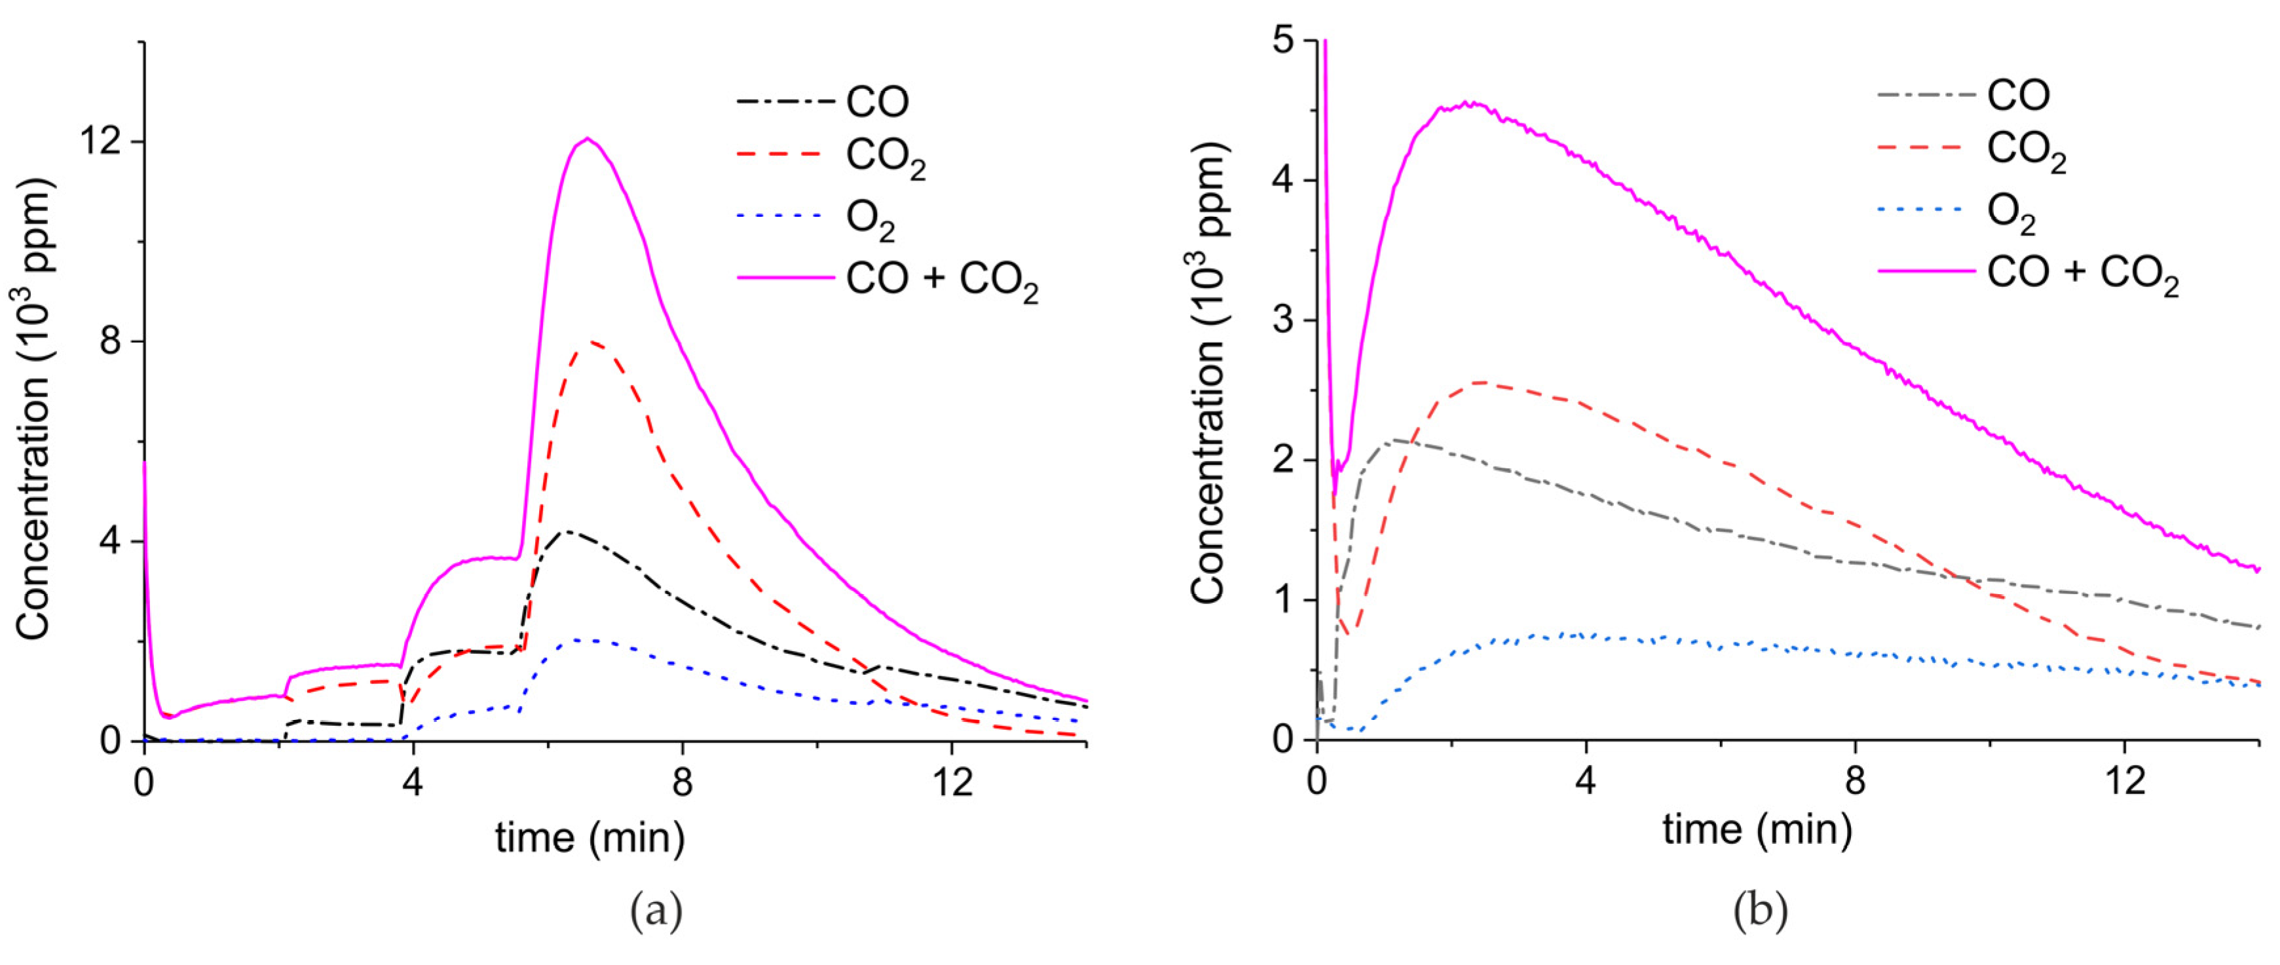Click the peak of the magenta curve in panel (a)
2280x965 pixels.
pyautogui.click(x=587, y=138)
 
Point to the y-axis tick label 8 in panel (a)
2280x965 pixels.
pyautogui.click(x=110, y=342)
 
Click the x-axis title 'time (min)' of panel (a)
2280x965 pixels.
pyautogui.click(x=589, y=837)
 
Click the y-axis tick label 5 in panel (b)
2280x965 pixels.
pyautogui.click(x=1282, y=42)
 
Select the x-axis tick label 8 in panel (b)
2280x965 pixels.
pyautogui.click(x=1855, y=781)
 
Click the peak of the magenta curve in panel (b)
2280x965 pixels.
pyautogui.click(x=1469, y=104)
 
